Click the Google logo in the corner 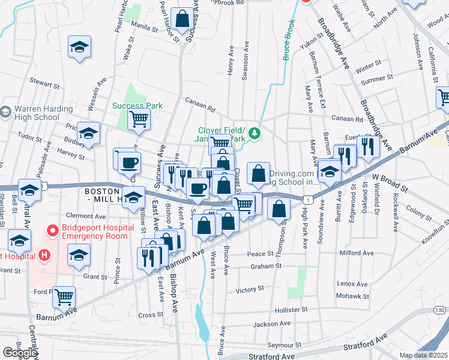click(20, 353)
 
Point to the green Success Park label click(137, 106)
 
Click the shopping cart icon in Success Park click(139, 119)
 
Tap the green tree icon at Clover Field click(255, 133)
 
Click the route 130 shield click(439, 310)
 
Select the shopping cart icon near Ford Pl click(64, 296)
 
